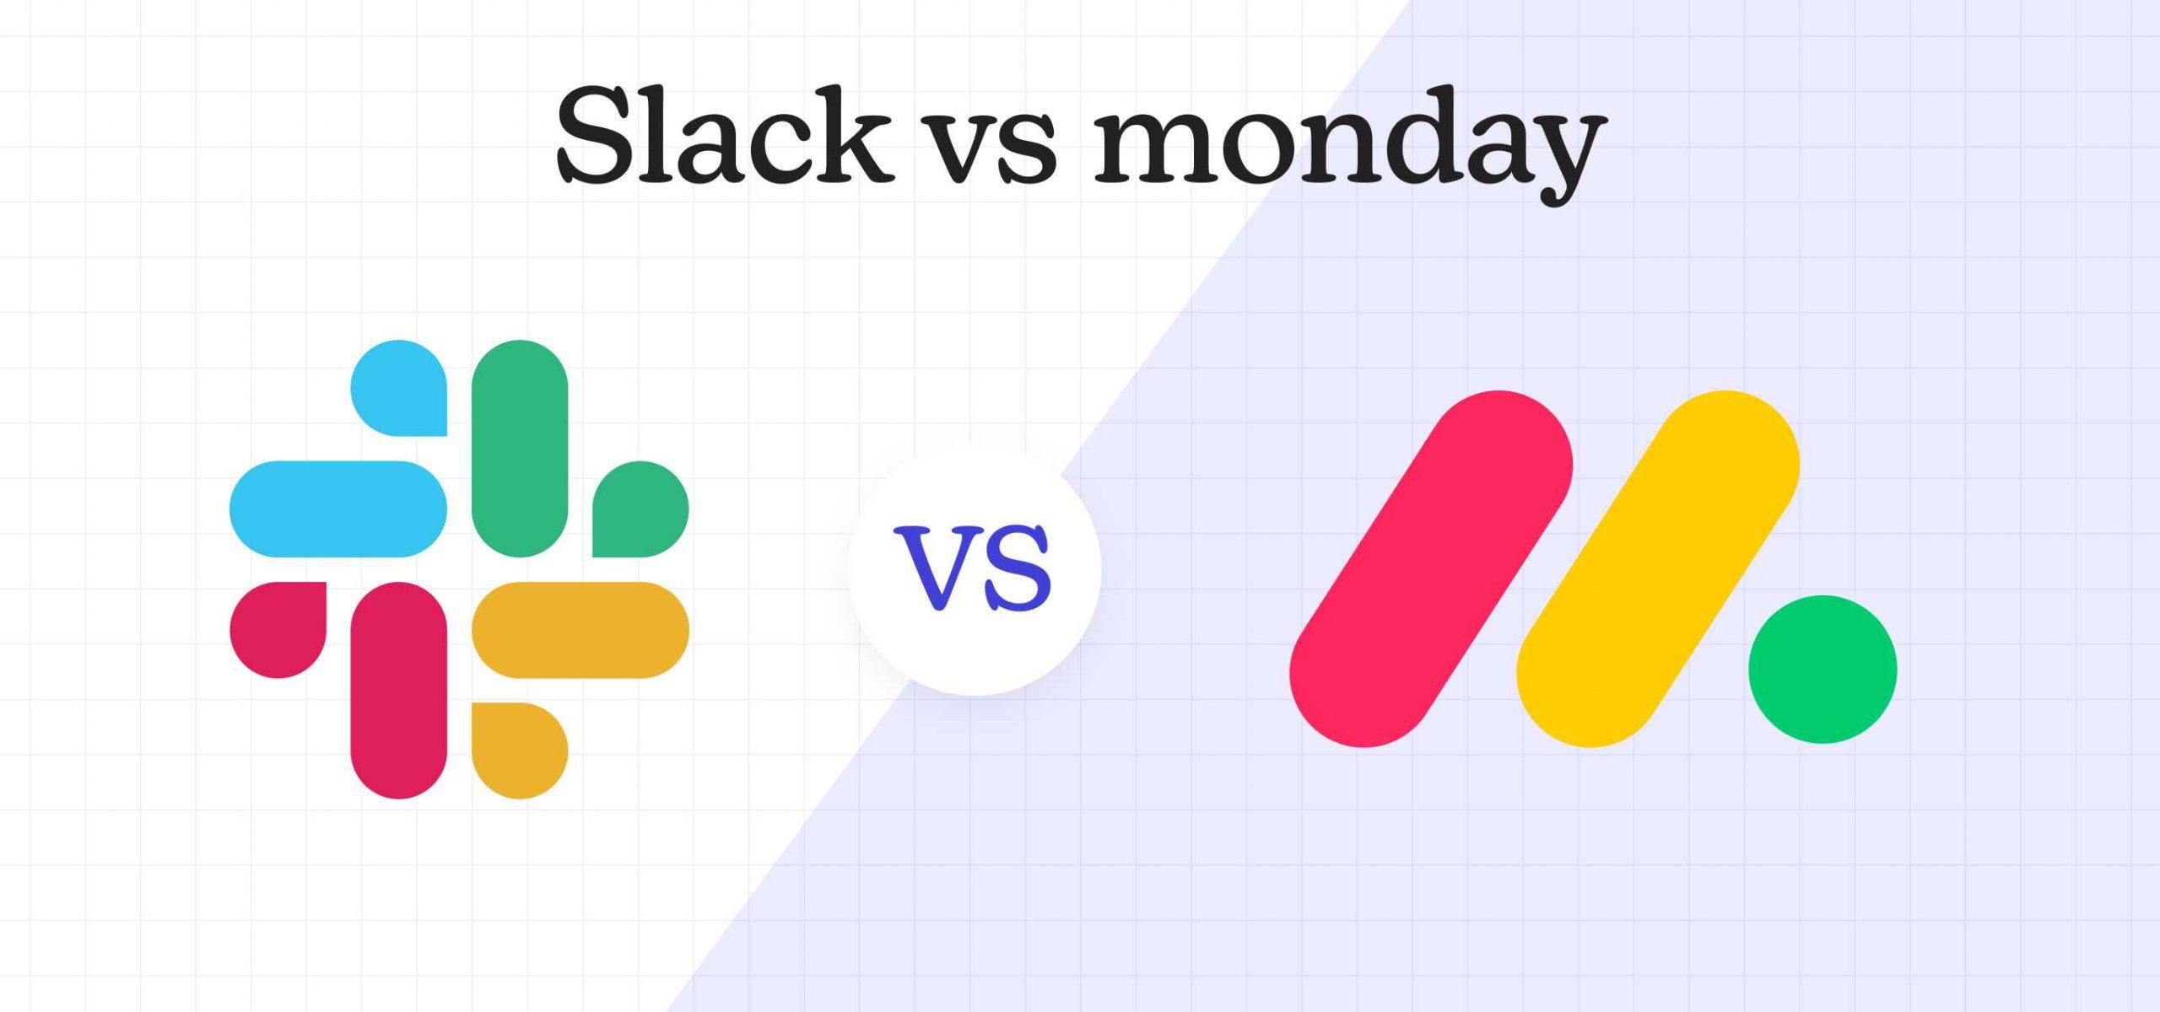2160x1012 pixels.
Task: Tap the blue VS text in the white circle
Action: pos(977,568)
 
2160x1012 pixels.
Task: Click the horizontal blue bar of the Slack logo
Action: pos(337,509)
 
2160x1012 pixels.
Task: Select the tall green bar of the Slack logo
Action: pos(520,448)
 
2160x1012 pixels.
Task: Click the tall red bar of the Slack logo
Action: pos(398,690)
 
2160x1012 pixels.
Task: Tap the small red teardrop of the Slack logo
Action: pos(278,629)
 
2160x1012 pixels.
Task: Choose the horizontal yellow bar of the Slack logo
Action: pos(580,630)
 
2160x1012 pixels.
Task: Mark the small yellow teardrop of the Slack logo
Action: pos(519,750)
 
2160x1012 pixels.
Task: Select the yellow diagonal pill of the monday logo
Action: pos(1658,569)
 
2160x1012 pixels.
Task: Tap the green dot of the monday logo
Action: pos(1822,670)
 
